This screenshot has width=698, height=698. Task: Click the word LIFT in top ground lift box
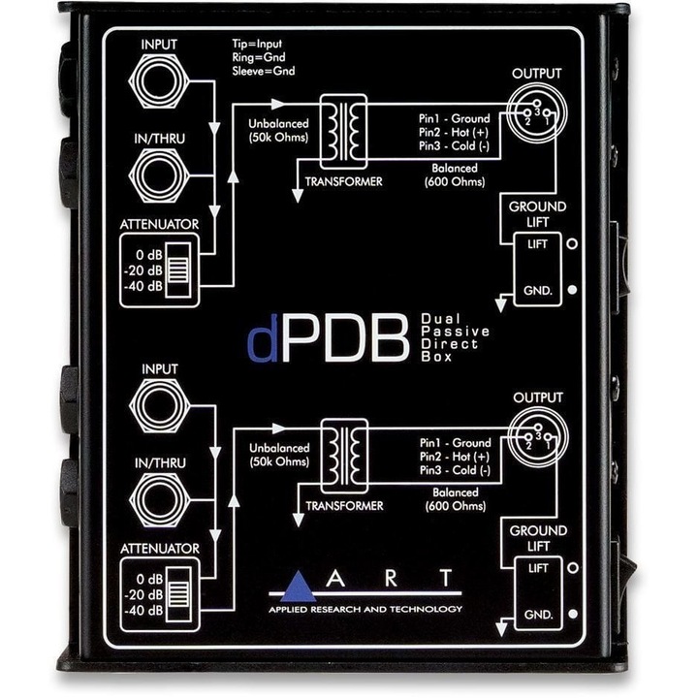tap(538, 243)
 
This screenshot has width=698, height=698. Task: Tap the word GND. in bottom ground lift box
tap(538, 615)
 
